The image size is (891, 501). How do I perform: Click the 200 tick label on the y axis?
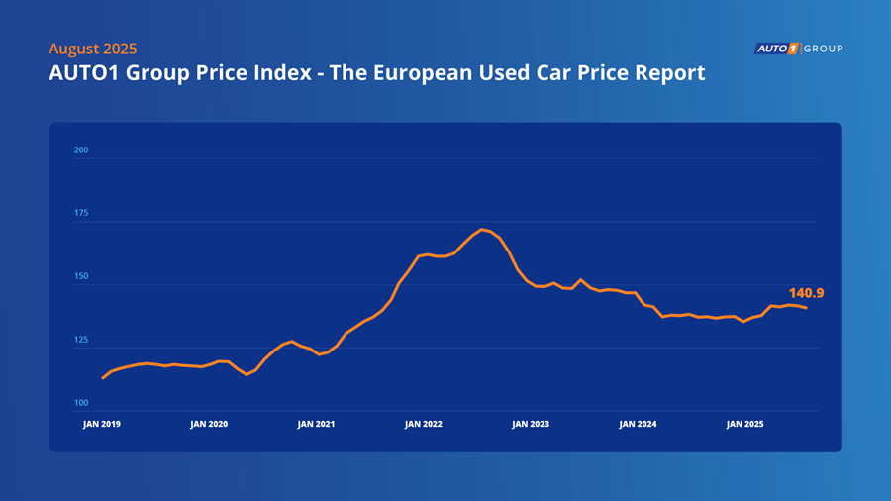[x=81, y=150]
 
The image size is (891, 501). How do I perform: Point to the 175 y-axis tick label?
[x=81, y=214]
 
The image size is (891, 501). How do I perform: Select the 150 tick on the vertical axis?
[x=81, y=277]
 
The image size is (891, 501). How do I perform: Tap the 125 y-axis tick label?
[x=81, y=341]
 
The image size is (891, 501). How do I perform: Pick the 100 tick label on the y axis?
[x=81, y=404]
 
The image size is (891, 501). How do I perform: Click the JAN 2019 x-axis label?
[x=102, y=424]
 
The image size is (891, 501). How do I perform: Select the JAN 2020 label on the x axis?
[x=209, y=424]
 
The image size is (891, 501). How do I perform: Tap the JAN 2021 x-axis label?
[x=316, y=424]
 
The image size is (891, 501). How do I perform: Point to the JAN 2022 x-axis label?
[x=424, y=424]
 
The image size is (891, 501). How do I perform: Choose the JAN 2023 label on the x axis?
[x=531, y=424]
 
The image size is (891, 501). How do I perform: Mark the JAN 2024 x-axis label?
[x=638, y=424]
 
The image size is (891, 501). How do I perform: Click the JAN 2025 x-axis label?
[x=744, y=424]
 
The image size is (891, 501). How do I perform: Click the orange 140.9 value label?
[x=807, y=293]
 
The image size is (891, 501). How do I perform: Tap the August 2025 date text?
[x=92, y=49]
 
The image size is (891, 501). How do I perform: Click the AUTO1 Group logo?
[x=798, y=49]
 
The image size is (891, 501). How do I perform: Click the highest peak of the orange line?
[x=482, y=230]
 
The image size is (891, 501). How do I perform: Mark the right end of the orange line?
[x=806, y=308]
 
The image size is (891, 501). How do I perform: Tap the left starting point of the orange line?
[x=103, y=378]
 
